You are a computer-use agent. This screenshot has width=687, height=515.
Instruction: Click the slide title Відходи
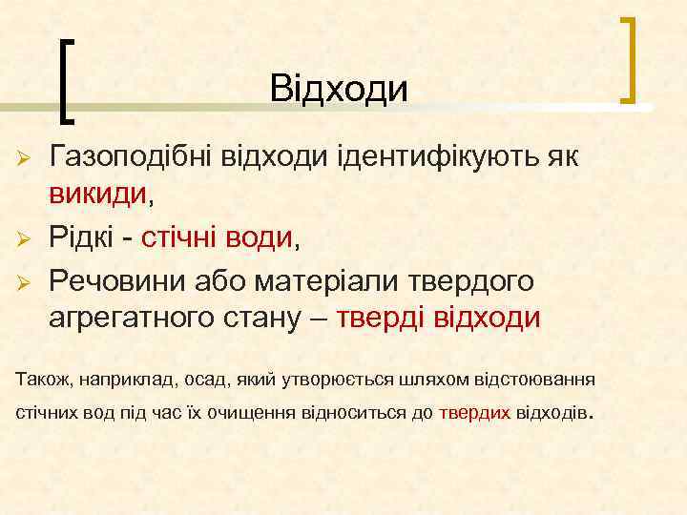coord(339,89)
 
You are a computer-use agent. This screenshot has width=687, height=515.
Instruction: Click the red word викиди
coord(98,195)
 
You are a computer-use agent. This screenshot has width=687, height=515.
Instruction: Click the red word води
coord(257,238)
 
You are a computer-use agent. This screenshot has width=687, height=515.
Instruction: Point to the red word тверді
coord(380,317)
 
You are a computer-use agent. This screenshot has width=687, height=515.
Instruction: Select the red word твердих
coord(475,415)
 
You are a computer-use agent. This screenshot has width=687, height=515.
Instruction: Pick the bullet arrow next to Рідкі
coord(23,239)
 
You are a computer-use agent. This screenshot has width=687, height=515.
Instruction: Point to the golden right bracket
coord(630,60)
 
